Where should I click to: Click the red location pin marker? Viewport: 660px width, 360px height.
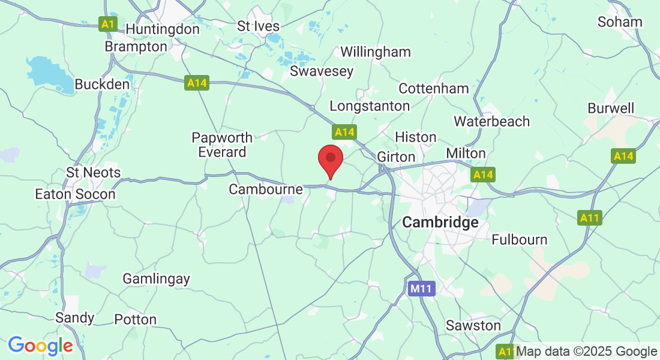330,159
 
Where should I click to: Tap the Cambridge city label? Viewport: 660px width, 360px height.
440,223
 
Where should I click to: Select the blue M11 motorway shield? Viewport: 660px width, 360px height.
421,289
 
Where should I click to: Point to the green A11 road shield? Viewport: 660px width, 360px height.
590,218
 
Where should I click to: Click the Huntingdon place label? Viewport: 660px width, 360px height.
163,29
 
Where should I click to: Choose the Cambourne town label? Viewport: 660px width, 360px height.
266,190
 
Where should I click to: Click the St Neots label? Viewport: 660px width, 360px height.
93,173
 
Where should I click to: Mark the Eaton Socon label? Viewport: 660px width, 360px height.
75,194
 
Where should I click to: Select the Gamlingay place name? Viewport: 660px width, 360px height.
156,278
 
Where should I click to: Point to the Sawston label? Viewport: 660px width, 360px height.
473,325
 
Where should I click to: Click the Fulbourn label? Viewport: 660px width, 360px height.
520,240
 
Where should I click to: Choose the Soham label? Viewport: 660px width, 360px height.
620,22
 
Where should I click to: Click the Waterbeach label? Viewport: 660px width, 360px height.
492,121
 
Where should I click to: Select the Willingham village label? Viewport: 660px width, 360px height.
376,52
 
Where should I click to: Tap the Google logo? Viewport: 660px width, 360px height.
40,346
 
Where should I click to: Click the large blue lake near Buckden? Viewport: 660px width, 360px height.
43,71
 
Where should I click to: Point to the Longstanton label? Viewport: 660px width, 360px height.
370,106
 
